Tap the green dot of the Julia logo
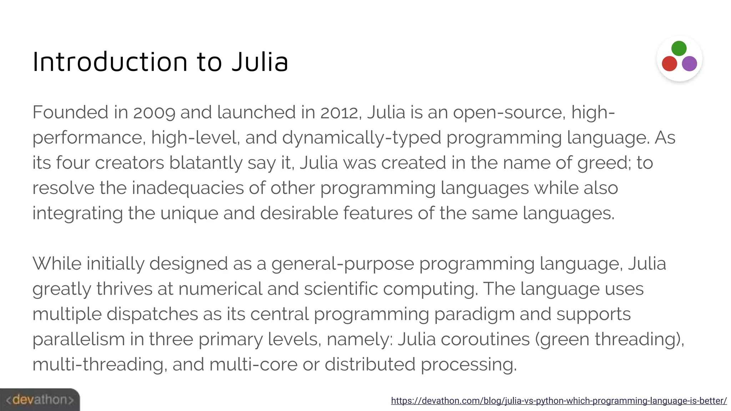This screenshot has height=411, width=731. pyautogui.click(x=679, y=49)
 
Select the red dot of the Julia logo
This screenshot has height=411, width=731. pyautogui.click(x=669, y=64)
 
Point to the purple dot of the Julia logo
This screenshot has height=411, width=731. pyautogui.click(x=689, y=64)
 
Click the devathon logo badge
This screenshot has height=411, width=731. pyautogui.click(x=40, y=400)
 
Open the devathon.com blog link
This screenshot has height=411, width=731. pyautogui.click(x=559, y=401)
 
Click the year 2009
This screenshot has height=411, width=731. pyautogui.click(x=154, y=112)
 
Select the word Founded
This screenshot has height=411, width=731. pyautogui.click(x=70, y=112)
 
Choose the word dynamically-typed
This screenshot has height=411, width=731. pyautogui.click(x=362, y=138)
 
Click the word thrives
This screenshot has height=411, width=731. pyautogui.click(x=125, y=289)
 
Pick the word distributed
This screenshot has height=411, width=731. pyautogui.click(x=370, y=365)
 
